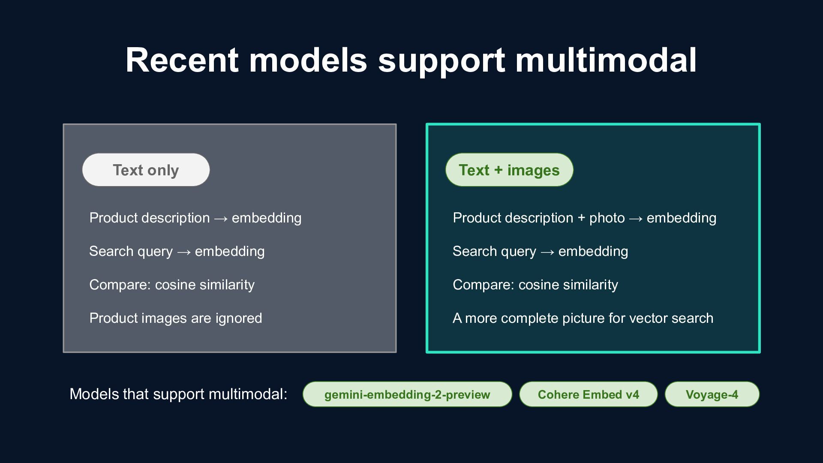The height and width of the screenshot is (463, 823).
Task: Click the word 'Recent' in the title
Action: coord(182,60)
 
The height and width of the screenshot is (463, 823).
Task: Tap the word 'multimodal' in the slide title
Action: coord(606,60)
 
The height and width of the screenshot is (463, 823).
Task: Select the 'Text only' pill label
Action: coord(146,170)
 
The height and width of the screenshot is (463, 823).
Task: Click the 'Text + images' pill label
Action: coord(509,170)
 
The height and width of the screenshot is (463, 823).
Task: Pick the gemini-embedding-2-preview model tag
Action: coord(407,394)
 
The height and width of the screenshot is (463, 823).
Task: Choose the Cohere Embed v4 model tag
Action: coord(589,394)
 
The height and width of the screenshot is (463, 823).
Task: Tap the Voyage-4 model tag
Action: coord(712,394)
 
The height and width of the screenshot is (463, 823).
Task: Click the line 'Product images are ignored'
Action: coord(176,318)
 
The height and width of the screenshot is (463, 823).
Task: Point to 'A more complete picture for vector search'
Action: coord(583,318)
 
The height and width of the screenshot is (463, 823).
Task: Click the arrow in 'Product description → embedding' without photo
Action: coord(221,219)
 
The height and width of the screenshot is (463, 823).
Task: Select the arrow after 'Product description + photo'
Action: coord(636,219)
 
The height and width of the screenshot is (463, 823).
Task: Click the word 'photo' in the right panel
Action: coord(607,218)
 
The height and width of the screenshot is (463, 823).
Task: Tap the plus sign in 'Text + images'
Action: coord(498,170)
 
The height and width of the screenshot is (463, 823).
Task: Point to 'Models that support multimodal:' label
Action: coord(178,394)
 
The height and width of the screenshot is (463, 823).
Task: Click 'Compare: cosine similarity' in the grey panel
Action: coord(172,285)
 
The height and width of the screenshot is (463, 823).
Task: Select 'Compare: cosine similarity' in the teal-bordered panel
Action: coord(535,285)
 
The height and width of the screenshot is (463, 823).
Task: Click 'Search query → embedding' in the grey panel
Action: coord(177,252)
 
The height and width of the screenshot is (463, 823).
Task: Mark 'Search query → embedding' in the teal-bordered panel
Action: coord(541,252)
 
